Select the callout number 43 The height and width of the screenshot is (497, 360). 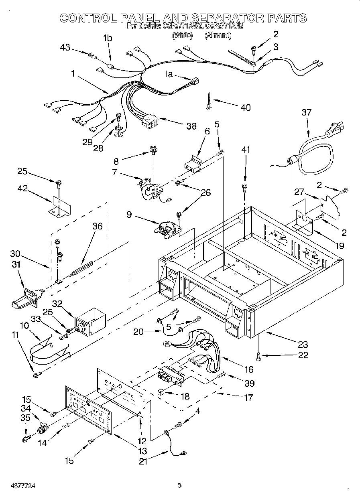pyautogui.click(x=65, y=48)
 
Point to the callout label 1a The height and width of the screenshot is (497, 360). pyautogui.click(x=169, y=74)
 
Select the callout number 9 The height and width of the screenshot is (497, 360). pyautogui.click(x=129, y=215)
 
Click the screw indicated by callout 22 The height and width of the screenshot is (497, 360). pyautogui.click(x=257, y=354)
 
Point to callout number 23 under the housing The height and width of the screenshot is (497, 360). pyautogui.click(x=303, y=344)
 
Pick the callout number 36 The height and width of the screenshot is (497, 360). pyautogui.click(x=97, y=226)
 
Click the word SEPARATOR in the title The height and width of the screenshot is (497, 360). pyautogui.click(x=227, y=18)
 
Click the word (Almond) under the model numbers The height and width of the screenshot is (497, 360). pyautogui.click(x=218, y=35)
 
